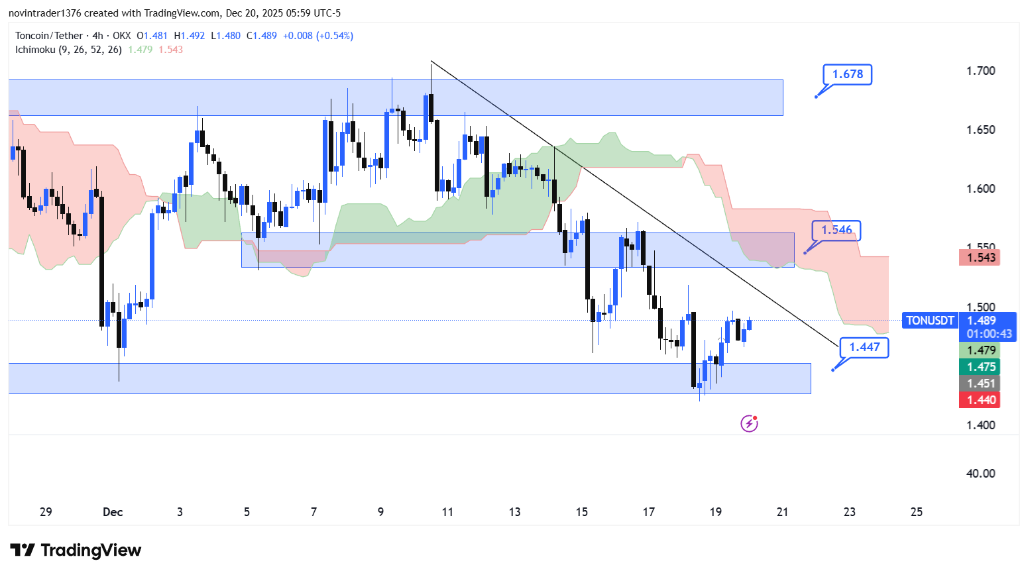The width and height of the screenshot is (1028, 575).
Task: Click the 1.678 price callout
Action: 847,74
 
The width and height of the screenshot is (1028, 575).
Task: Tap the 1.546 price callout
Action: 836,230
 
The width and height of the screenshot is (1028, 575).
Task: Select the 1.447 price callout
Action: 864,347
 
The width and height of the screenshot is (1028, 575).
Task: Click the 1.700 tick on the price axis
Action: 980,71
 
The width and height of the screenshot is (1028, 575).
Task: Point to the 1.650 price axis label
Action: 980,130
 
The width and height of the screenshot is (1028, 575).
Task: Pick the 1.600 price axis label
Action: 980,189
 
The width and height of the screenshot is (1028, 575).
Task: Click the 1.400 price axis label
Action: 980,425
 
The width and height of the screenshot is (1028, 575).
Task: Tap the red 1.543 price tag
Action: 980,258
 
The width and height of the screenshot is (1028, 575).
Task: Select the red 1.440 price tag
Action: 980,400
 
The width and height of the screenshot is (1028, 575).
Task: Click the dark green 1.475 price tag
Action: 980,367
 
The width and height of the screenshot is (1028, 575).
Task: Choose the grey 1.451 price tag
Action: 980,384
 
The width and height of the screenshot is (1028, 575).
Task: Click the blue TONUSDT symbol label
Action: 930,321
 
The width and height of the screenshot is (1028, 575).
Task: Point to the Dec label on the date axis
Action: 113,512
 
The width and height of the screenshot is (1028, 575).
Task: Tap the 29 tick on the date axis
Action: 46,512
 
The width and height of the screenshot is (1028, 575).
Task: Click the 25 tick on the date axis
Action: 917,512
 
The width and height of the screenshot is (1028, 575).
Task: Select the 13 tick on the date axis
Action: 514,512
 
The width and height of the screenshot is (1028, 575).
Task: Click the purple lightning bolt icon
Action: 749,423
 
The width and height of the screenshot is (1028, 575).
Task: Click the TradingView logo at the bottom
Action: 76,550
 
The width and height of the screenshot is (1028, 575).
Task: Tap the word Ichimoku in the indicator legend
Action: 35,50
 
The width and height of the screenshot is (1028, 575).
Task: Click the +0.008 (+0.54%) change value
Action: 317,36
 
